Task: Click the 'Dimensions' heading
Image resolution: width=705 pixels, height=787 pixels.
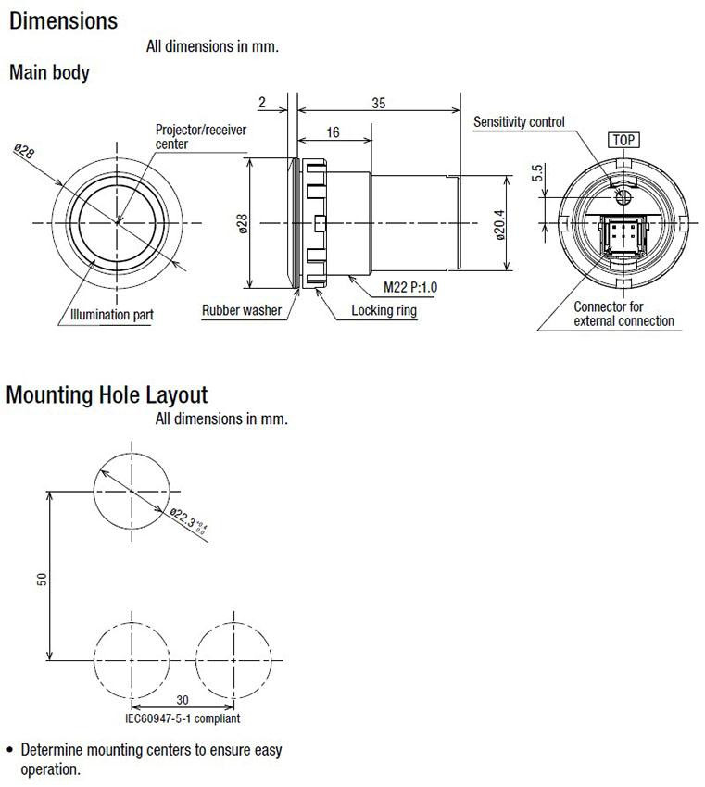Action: tap(63, 21)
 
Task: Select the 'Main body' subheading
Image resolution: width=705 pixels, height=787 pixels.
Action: tap(49, 72)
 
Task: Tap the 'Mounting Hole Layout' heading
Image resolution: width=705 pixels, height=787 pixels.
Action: tap(107, 395)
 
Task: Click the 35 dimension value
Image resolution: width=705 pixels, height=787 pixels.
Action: tap(379, 103)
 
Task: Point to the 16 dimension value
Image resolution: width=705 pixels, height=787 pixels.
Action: tap(333, 132)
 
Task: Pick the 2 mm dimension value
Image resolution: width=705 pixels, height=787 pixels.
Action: tap(262, 103)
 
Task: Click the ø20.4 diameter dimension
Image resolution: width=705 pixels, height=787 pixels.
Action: tap(500, 225)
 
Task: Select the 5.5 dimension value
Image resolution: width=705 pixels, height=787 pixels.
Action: tap(537, 173)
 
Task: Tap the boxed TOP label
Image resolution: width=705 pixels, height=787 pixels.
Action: tap(623, 140)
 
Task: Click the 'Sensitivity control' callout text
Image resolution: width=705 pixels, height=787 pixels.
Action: tap(519, 122)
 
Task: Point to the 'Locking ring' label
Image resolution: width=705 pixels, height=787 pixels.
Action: tap(384, 310)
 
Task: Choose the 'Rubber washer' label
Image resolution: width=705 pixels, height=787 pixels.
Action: tap(242, 310)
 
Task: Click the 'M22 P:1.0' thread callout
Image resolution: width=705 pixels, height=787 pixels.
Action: tap(410, 287)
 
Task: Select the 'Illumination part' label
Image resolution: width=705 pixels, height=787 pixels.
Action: tap(111, 315)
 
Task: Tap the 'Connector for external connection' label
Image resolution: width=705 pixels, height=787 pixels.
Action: tap(623, 314)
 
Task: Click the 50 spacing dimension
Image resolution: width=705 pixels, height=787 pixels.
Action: tap(43, 580)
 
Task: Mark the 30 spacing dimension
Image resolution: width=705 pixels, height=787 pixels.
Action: tap(183, 700)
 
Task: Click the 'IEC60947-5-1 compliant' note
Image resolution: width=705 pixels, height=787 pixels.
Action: tap(183, 718)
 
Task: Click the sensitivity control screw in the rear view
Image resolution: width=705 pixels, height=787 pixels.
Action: tap(623, 196)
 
